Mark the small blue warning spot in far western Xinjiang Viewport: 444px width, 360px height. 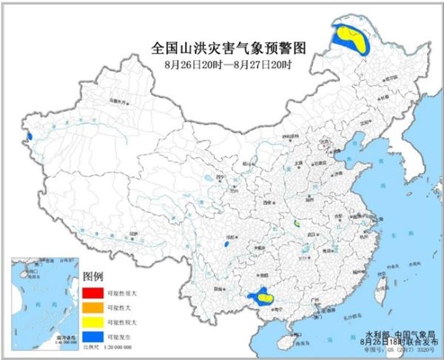pos(28,136)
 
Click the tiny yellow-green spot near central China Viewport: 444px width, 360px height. pos(296,221)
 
